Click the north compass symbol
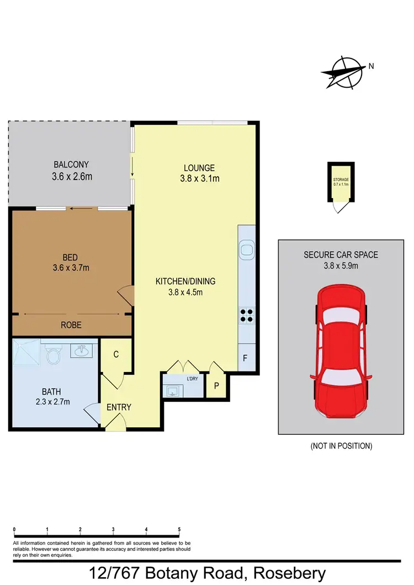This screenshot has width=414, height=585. [344, 72]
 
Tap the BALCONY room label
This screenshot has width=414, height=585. [71, 164]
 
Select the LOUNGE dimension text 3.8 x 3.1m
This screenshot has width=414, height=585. [199, 178]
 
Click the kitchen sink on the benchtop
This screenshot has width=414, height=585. [246, 250]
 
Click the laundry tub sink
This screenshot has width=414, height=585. [172, 390]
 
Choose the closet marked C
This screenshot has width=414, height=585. [116, 355]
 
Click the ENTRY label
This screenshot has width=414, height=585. [119, 407]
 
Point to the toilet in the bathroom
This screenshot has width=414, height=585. [54, 354]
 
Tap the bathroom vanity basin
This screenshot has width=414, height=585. [83, 349]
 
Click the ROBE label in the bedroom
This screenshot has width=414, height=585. [71, 325]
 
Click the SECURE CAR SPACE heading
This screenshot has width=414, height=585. [340, 254]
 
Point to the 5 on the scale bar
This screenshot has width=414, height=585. [179, 529]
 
